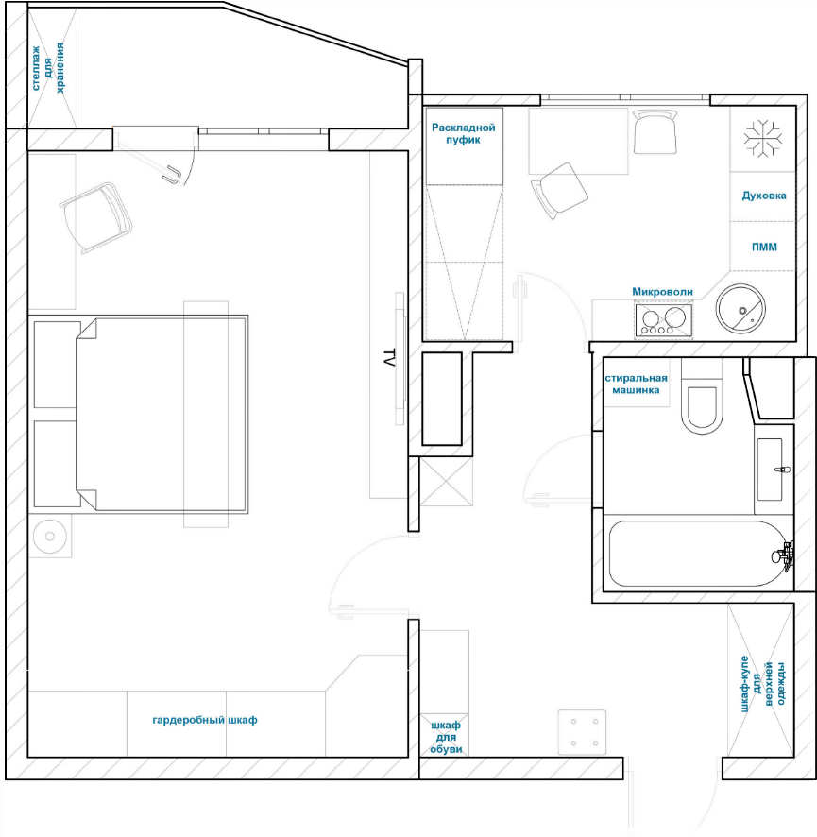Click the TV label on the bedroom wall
[389, 358]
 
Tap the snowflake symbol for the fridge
[763, 139]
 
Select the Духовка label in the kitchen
[764, 196]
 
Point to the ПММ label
[764, 247]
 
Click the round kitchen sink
[740, 309]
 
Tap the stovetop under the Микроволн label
[663, 319]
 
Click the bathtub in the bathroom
[698, 554]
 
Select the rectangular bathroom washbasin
[770, 470]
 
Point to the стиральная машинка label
[636, 384]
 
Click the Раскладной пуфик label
[463, 133]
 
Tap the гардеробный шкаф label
[205, 720]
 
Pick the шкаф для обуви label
[446, 737]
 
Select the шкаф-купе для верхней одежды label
[763, 684]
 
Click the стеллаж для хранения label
[48, 68]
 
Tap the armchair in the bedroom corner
[96, 216]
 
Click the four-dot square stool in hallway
[582, 732]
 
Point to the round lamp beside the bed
[50, 536]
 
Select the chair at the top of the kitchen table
[655, 131]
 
